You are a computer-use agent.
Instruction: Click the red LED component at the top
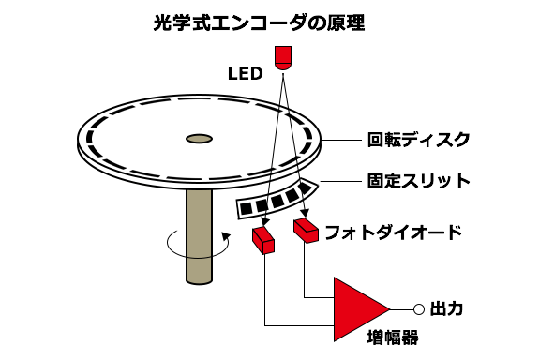coord(283,58)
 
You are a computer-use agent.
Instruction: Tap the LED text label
coord(246,74)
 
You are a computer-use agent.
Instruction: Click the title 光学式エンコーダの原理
coord(259,23)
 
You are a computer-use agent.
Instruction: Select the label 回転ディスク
coord(419,140)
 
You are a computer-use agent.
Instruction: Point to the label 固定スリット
coord(419,181)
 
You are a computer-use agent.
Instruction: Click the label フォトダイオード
coord(394,232)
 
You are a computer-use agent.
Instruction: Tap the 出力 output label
coord(446,308)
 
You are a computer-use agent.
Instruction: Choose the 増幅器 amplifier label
coord(393,337)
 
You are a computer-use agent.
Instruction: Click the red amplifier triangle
coord(354,309)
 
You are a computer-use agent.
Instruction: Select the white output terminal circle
coord(419,309)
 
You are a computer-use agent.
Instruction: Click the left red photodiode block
coord(263,240)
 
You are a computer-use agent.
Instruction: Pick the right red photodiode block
coord(306,230)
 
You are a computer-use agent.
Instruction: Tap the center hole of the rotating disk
coord(199,139)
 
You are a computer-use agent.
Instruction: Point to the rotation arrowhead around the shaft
coord(226,236)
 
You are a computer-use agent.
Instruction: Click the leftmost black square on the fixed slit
coord(247,208)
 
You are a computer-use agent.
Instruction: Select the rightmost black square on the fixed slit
coord(305,187)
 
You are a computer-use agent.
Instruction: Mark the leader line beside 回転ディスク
coord(341,141)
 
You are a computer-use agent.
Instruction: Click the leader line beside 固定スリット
coord(340,181)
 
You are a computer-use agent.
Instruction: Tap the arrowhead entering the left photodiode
coord(264,223)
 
